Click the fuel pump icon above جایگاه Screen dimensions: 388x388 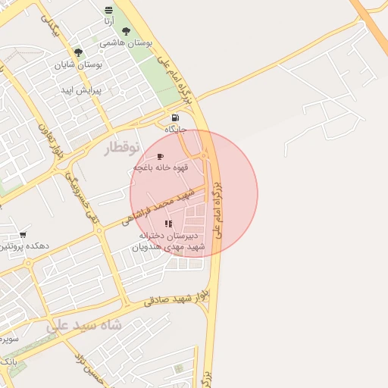pos(176,117)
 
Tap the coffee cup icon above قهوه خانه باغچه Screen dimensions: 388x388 pos(160,156)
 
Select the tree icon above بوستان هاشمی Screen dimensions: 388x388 pos(126,32)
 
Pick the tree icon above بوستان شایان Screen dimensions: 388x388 pos(78,53)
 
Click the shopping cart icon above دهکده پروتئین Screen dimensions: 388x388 pos(23,235)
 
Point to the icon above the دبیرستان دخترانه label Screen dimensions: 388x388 pos(168,224)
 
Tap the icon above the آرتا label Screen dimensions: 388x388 pos(109,10)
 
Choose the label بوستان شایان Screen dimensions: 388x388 pos(78,65)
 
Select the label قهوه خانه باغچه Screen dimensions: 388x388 pos(160,167)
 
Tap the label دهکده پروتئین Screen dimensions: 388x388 pos(25,246)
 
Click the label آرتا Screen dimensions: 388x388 pos(109,21)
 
